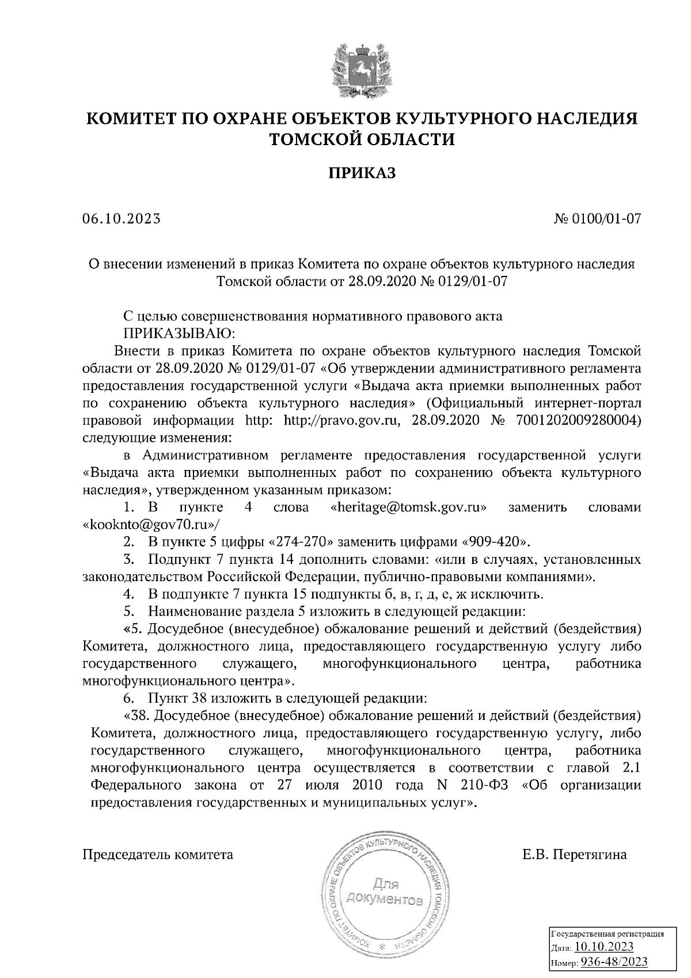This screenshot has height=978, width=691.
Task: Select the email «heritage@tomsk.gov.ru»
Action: click(409, 507)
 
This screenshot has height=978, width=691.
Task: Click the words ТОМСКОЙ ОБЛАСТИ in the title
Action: click(362, 139)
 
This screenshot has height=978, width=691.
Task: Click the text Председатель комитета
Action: click(158, 854)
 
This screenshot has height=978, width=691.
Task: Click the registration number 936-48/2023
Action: click(613, 962)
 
